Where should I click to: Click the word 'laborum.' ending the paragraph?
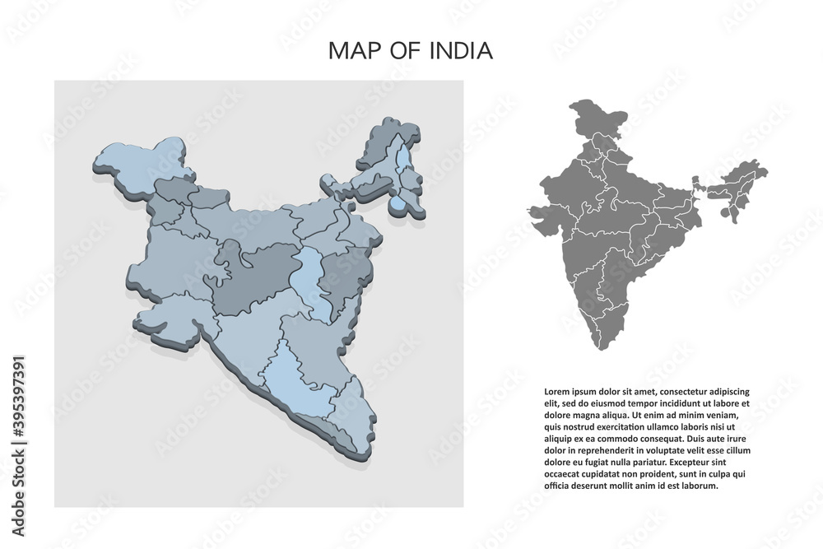700,486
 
